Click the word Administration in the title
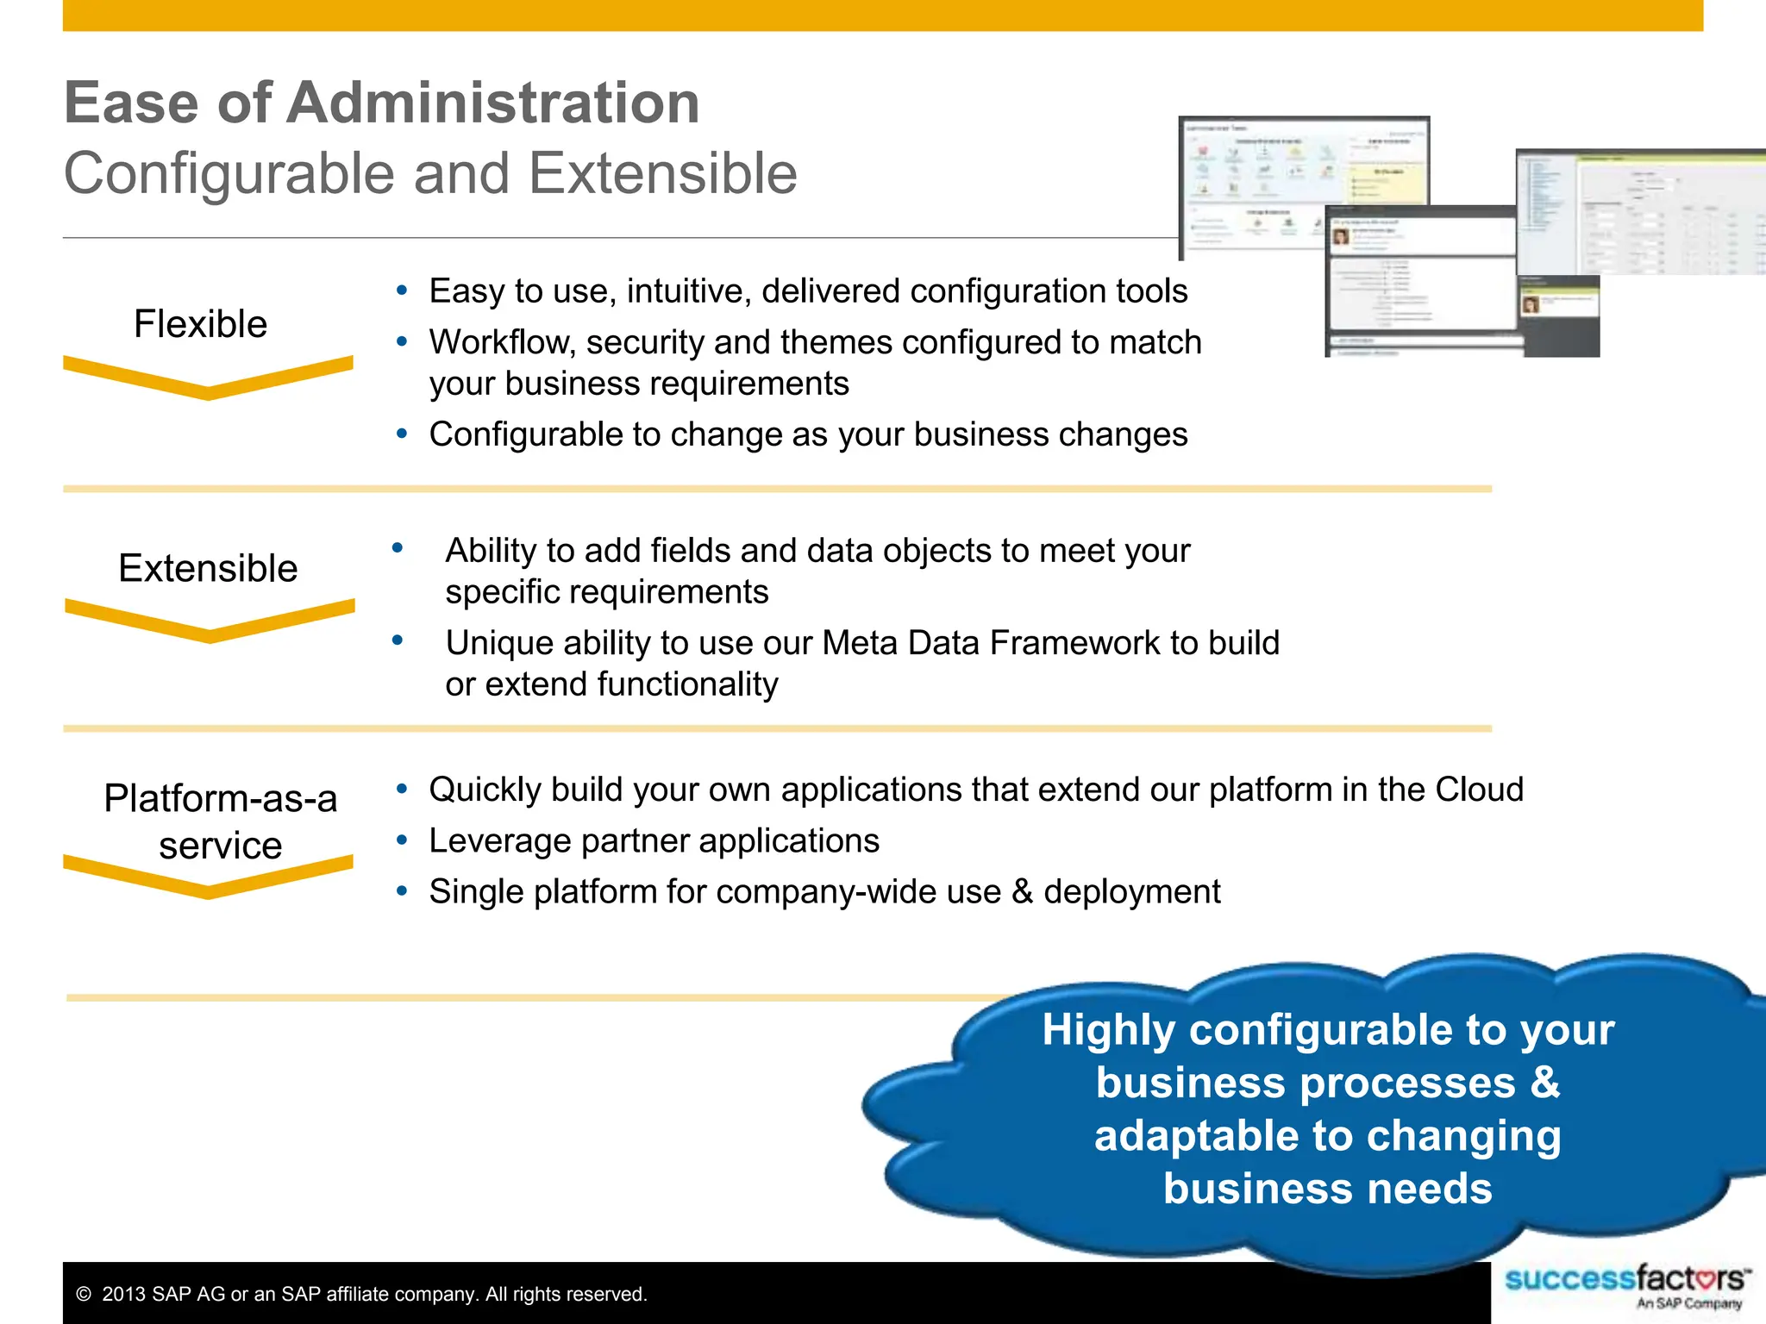(492, 103)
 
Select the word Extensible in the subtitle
(662, 174)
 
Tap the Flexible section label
(200, 324)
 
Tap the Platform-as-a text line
(220, 798)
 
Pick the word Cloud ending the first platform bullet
(1479, 790)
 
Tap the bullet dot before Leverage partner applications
(401, 840)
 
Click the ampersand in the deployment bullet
(1022, 892)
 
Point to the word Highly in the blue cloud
(1108, 1030)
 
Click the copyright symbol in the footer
(84, 1295)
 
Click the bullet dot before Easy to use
(401, 290)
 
